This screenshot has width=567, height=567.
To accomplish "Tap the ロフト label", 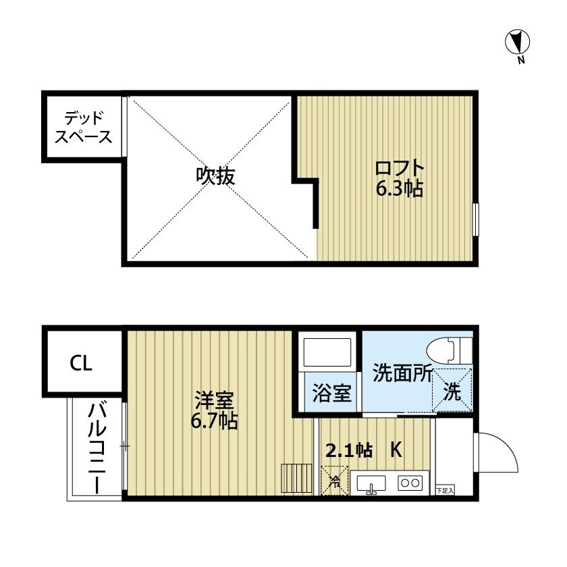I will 400,167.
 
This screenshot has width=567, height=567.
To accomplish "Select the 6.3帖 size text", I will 399,189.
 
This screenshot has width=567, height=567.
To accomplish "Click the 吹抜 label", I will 215,177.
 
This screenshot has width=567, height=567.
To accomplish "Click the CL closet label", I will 82,363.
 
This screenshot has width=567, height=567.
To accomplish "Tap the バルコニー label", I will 97,448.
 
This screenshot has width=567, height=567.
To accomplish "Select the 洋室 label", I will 215,401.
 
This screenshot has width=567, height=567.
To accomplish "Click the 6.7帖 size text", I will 215,423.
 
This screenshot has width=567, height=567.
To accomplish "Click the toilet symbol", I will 450,350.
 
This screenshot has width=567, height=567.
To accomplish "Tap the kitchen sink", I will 370,483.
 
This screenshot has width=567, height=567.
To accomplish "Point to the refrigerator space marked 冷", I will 333,482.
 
